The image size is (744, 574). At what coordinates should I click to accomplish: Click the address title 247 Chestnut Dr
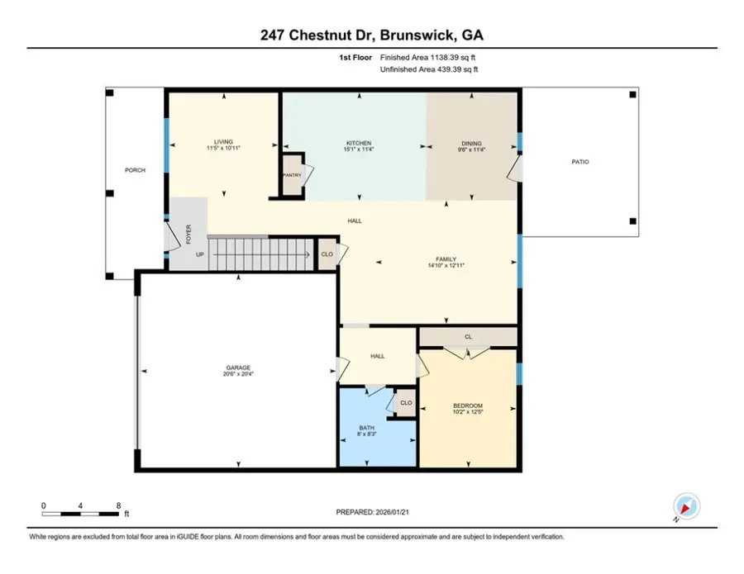(x=371, y=35)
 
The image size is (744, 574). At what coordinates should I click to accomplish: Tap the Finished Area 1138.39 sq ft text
(x=429, y=58)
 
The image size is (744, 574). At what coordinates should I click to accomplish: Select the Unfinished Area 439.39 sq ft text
(x=429, y=70)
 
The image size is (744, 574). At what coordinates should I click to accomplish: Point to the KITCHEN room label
(x=358, y=143)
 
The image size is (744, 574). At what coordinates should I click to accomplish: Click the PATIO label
(x=580, y=162)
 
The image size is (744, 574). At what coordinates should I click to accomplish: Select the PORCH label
(x=135, y=170)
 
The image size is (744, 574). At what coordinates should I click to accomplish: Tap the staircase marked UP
(x=248, y=254)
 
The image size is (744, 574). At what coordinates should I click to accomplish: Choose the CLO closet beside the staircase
(x=327, y=254)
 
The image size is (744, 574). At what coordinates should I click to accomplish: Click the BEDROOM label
(x=467, y=405)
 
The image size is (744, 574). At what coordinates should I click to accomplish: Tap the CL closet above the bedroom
(x=468, y=337)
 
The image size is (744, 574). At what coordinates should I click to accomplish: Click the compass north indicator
(x=685, y=506)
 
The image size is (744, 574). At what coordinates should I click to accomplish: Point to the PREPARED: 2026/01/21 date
(x=372, y=513)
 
